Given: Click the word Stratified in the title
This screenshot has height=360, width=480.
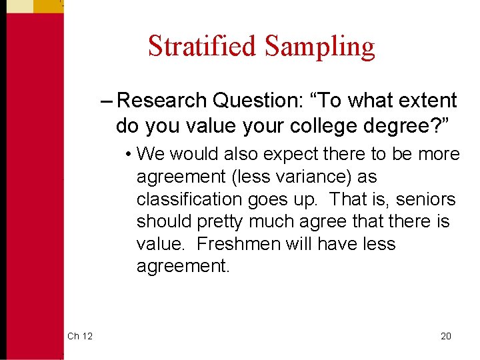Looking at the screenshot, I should point(202,46).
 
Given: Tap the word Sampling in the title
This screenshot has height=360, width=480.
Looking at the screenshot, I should point(319,46).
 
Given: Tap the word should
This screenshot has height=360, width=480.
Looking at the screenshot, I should point(161,222).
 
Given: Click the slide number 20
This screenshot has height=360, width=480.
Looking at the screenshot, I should point(446,336).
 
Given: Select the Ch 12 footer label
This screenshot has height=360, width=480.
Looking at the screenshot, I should point(80,336).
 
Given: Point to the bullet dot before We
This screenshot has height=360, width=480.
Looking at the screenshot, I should point(127,155).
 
